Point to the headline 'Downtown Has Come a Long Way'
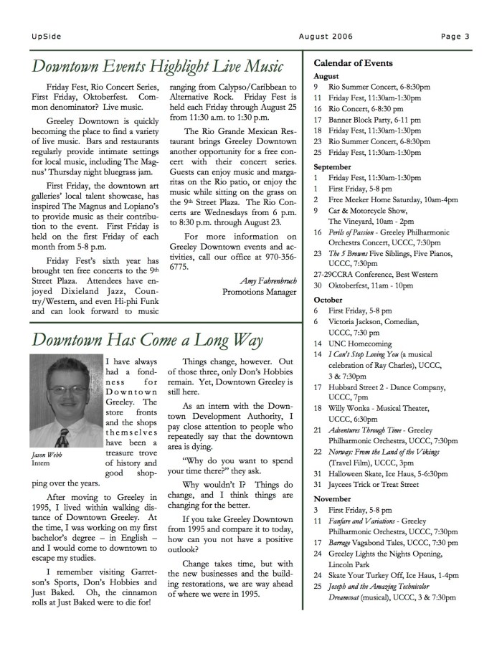pyautogui.click(x=148, y=339)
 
